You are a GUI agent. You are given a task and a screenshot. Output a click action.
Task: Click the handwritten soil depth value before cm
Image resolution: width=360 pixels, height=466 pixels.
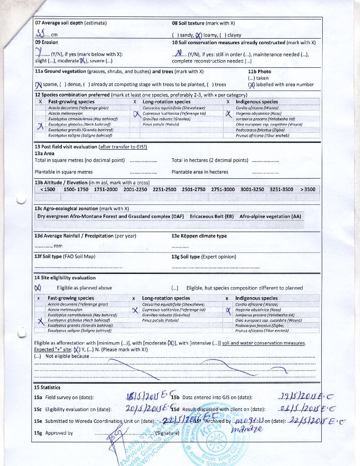(x=41, y=33)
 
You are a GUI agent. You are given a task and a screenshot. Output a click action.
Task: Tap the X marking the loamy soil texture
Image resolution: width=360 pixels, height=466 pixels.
(x=198, y=35)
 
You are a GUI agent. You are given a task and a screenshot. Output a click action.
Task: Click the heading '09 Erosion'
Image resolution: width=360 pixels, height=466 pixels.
(x=46, y=42)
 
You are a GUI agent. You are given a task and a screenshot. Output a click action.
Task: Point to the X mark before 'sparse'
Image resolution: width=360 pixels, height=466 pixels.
(x=38, y=84)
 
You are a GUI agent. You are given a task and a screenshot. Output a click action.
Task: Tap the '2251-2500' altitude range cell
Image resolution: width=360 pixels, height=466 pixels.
(x=164, y=189)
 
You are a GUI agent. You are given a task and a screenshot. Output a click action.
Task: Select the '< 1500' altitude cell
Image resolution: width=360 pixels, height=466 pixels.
(x=48, y=189)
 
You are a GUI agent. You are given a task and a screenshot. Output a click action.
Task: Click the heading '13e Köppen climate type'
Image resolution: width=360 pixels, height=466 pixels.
(x=199, y=236)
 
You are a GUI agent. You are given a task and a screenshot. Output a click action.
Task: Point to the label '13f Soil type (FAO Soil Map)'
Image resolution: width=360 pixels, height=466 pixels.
(x=65, y=257)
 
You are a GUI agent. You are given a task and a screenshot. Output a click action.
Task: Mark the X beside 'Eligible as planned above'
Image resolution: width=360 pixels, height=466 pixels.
(x=38, y=288)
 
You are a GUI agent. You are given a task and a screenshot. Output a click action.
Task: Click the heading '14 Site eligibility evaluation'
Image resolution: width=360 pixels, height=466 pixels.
(x=65, y=278)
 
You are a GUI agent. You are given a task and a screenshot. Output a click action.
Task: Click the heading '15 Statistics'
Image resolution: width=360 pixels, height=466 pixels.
(x=47, y=387)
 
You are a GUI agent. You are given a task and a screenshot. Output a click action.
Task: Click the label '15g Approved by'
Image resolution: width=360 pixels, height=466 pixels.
(x=54, y=433)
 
